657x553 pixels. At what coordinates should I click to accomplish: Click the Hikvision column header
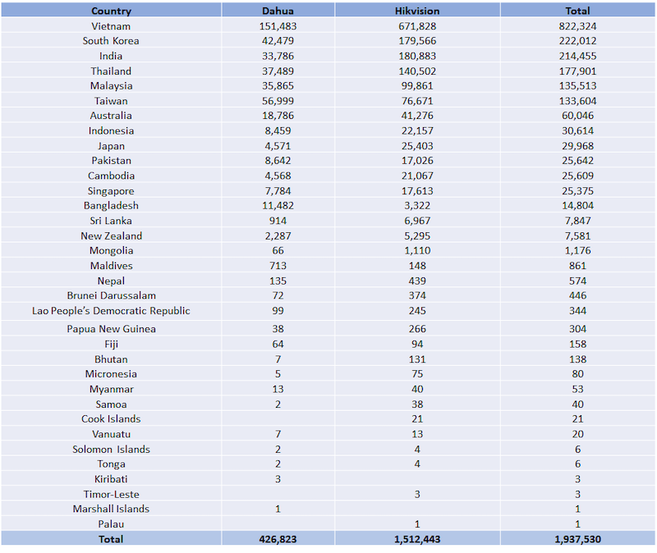click(x=417, y=11)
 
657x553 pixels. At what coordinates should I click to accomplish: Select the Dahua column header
click(x=278, y=11)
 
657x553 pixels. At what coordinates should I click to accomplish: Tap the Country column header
click(x=111, y=11)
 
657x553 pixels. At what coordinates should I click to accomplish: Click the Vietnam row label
click(x=111, y=26)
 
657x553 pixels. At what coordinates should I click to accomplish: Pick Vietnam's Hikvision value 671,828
click(x=417, y=26)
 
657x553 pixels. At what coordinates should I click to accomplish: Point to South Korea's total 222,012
click(x=577, y=41)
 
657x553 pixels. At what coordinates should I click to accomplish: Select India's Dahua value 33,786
click(x=278, y=56)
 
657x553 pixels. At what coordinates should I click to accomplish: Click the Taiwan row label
click(x=111, y=101)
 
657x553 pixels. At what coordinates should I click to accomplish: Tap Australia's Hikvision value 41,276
click(x=417, y=116)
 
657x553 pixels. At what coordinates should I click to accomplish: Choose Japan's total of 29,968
click(x=577, y=146)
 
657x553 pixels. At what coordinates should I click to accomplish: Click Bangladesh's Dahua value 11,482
click(x=278, y=206)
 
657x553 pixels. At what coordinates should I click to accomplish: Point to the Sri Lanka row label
click(x=111, y=221)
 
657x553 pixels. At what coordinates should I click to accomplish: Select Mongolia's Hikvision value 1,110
click(x=417, y=250)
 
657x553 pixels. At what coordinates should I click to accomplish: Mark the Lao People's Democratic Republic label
click(x=111, y=311)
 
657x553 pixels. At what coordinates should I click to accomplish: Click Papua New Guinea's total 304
click(x=577, y=329)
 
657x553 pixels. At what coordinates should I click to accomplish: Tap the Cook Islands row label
click(x=111, y=418)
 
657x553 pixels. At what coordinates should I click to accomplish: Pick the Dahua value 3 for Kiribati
click(x=278, y=479)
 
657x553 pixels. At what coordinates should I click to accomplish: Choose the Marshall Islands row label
click(x=111, y=509)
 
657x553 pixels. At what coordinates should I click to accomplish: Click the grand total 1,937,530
click(x=577, y=539)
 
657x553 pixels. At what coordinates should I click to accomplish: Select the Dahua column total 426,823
click(x=278, y=539)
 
